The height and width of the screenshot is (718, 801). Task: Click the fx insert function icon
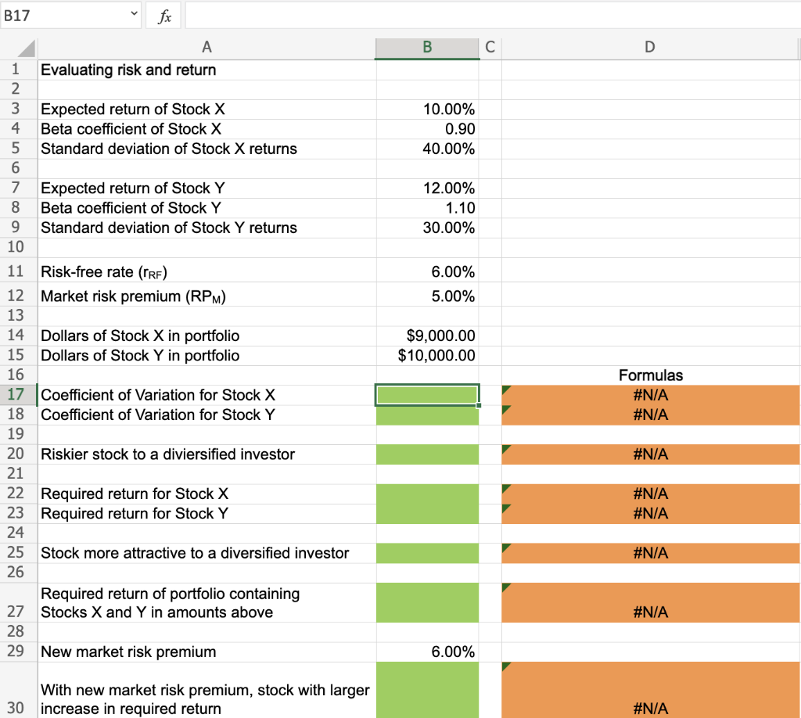[165, 15]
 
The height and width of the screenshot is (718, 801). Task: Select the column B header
[427, 48]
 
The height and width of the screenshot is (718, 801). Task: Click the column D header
[650, 48]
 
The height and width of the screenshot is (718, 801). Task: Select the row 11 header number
[15, 272]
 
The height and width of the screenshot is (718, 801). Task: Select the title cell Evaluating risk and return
[128, 70]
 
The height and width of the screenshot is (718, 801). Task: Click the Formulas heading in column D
[650, 375]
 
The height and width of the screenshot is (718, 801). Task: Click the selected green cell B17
[427, 395]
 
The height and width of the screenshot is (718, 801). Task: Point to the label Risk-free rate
[104, 272]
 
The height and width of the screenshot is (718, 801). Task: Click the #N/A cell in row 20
[650, 454]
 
